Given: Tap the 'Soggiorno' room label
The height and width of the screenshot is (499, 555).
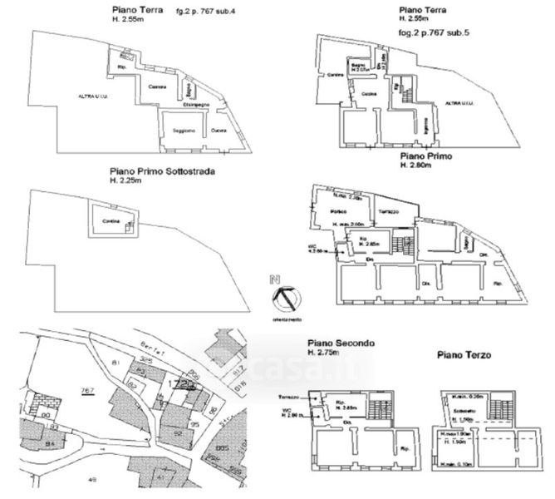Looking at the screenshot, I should click(x=184, y=131).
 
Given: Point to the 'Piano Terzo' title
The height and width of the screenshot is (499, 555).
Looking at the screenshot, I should click(x=464, y=355).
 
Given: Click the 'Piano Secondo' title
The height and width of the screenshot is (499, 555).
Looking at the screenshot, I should click(x=341, y=343).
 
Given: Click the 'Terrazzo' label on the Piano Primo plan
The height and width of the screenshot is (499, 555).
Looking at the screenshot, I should click(x=390, y=212).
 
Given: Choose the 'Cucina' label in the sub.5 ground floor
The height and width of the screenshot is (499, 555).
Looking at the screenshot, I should click(x=371, y=94).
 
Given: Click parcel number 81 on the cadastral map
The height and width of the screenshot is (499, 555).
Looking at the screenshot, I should click(x=115, y=363).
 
